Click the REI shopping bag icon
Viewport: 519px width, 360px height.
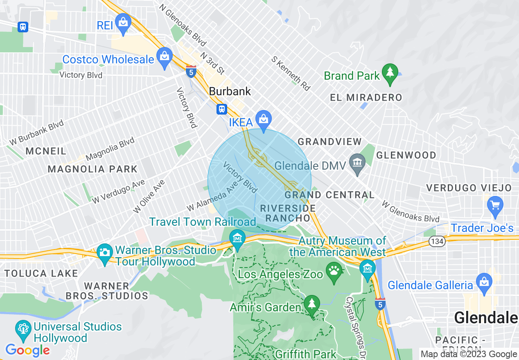(x=123, y=23)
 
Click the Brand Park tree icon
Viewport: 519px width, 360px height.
(x=390, y=73)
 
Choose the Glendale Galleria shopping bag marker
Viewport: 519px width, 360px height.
(x=484, y=283)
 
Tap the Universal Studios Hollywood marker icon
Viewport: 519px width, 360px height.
(x=23, y=329)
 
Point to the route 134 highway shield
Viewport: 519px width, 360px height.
(x=437, y=241)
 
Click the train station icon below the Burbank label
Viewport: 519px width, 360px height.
(x=221, y=109)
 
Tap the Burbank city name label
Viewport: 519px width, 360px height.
(x=230, y=91)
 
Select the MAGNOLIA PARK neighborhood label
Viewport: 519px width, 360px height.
(x=93, y=169)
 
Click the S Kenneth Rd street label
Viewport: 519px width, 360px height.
(x=291, y=73)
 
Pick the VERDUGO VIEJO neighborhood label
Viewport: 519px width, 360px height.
(x=469, y=188)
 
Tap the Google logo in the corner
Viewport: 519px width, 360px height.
(x=27, y=350)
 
